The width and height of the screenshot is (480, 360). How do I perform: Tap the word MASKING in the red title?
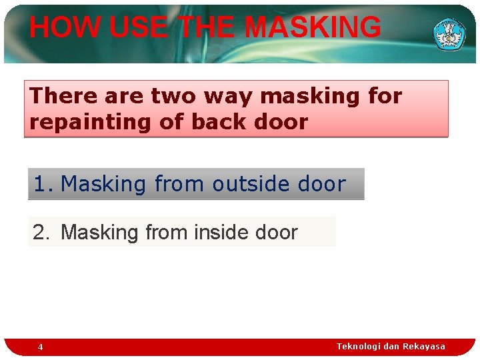pyautogui.click(x=313, y=28)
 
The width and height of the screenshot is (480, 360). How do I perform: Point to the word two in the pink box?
pyautogui.click(x=174, y=96)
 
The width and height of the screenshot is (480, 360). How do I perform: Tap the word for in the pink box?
pyautogui.click(x=385, y=96)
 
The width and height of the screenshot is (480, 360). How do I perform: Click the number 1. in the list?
pyautogui.click(x=43, y=184)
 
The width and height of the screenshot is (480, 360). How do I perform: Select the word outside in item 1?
pyautogui.click(x=249, y=184)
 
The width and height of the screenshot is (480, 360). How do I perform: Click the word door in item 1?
pyautogui.click(x=321, y=184)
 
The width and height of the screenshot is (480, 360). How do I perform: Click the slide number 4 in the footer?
pyautogui.click(x=40, y=347)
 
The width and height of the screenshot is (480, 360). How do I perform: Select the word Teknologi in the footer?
pyautogui.click(x=359, y=346)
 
